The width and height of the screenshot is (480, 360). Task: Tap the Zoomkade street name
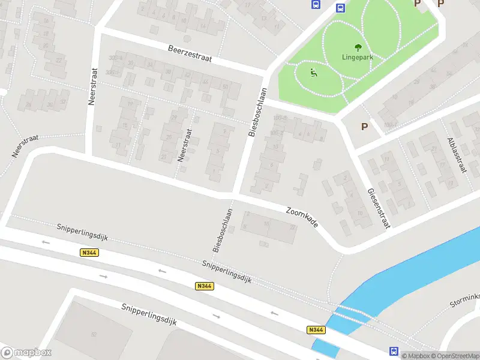point(302,217)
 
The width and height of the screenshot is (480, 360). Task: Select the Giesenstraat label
point(379,208)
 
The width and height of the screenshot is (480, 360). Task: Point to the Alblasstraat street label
point(457,155)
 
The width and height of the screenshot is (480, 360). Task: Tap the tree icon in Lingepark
point(358,47)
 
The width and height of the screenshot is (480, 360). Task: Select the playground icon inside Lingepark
point(313,73)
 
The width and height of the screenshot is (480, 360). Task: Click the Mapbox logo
point(26,353)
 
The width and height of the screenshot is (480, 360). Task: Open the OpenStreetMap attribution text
point(453,356)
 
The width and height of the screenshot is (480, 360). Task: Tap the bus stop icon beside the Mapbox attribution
point(394,352)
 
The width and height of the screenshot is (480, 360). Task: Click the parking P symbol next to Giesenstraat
point(364,127)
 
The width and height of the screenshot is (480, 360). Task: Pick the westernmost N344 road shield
point(89,253)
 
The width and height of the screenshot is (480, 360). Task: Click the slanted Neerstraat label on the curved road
point(25,146)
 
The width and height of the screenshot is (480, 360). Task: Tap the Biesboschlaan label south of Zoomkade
point(222,229)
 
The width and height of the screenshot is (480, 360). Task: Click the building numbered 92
point(94,334)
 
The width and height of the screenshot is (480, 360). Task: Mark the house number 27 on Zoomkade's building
point(292,227)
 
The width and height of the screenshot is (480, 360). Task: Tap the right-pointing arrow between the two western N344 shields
point(103,277)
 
